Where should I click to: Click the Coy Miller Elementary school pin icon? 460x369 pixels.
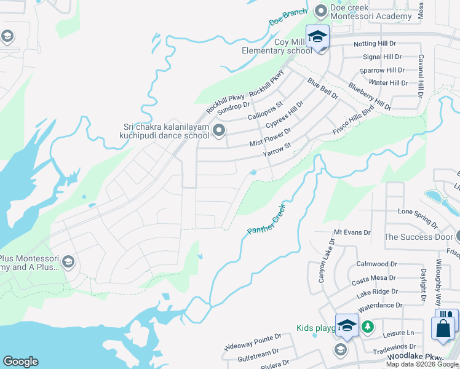tap(317, 36)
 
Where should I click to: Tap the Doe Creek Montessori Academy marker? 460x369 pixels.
tap(320, 10)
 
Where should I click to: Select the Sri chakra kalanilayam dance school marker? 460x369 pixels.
tap(218, 130)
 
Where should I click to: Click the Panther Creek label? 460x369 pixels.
tap(266, 219)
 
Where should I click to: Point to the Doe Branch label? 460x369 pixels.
tap(287, 18)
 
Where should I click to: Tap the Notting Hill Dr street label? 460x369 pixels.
tap(375, 44)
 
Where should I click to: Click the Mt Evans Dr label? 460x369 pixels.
tap(352, 233)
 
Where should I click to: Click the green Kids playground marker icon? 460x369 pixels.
tap(367, 327)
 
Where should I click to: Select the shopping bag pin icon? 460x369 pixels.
tap(443, 328)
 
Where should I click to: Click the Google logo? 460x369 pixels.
tap(20, 362)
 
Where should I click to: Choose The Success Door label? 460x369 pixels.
tap(418, 237)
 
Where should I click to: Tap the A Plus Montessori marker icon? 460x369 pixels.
tap(68, 263)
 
